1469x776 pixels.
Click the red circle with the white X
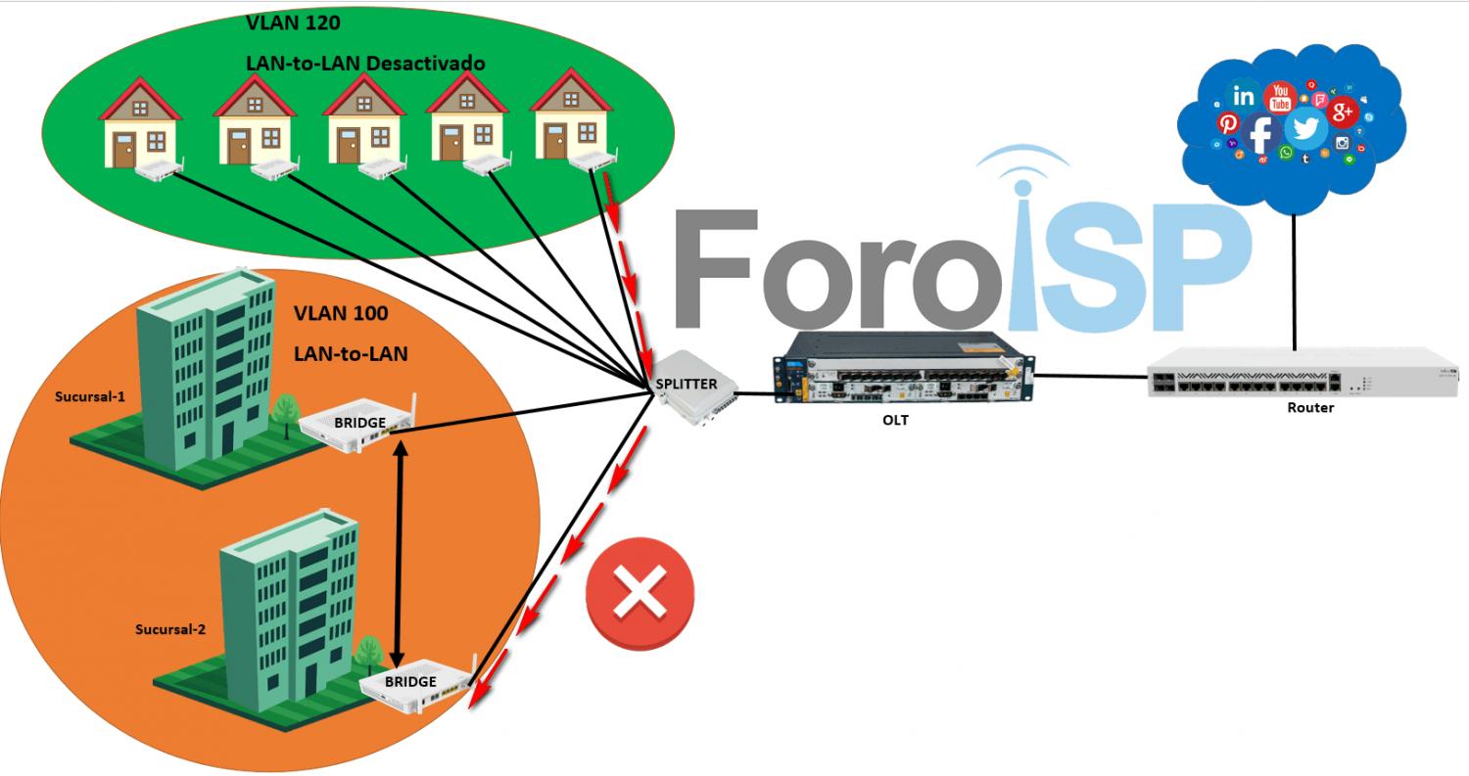(640, 592)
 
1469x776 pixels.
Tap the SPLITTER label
(687, 384)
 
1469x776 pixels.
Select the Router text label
(1310, 407)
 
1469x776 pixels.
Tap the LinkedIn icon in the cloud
(1244, 96)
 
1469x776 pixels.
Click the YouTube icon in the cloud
(1279, 97)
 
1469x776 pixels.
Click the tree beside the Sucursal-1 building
(286, 411)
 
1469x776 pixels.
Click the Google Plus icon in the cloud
(1343, 113)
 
